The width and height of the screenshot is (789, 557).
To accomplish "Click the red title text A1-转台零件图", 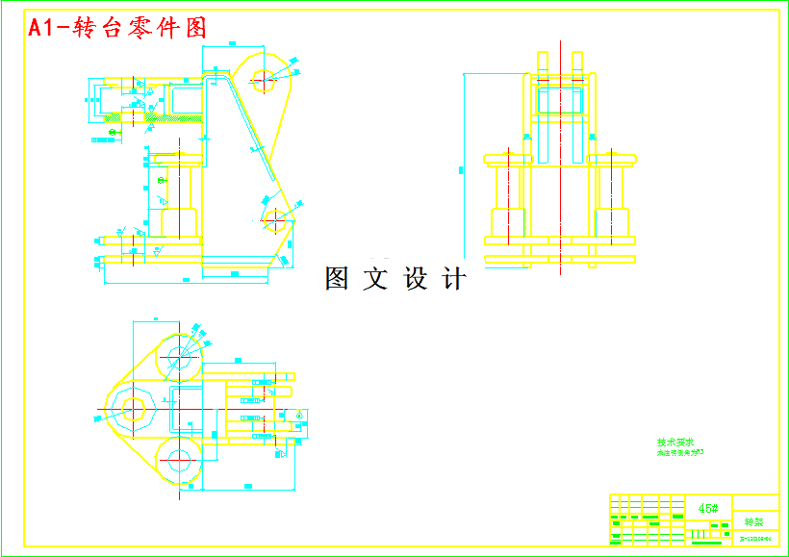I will click(117, 29).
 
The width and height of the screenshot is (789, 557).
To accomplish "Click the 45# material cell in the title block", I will click(708, 508).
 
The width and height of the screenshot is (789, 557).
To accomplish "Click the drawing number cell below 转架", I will click(755, 538).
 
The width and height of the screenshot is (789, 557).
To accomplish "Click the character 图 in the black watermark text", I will click(338, 279).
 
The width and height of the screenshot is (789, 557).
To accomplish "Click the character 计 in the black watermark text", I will click(454, 279).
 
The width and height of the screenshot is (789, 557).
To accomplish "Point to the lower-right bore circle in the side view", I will click(275, 220).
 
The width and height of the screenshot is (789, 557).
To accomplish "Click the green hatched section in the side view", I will click(173, 120).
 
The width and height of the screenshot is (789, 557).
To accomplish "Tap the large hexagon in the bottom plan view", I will click(132, 411).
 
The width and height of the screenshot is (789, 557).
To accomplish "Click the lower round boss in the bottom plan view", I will click(179, 461).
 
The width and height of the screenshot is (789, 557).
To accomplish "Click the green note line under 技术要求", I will click(680, 451).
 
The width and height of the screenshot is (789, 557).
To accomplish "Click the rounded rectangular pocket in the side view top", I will click(186, 99).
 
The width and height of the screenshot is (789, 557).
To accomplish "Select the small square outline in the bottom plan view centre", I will click(187, 410).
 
